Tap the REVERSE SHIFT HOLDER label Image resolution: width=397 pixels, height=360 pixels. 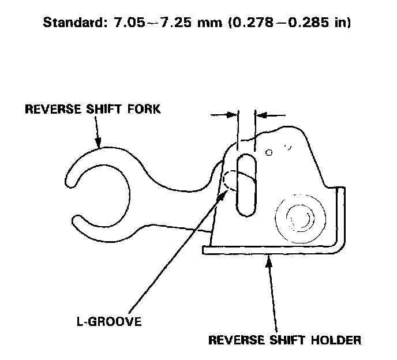click(284, 340)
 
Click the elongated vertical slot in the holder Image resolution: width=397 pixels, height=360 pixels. click(246, 185)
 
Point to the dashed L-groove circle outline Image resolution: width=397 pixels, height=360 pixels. click(231, 182)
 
